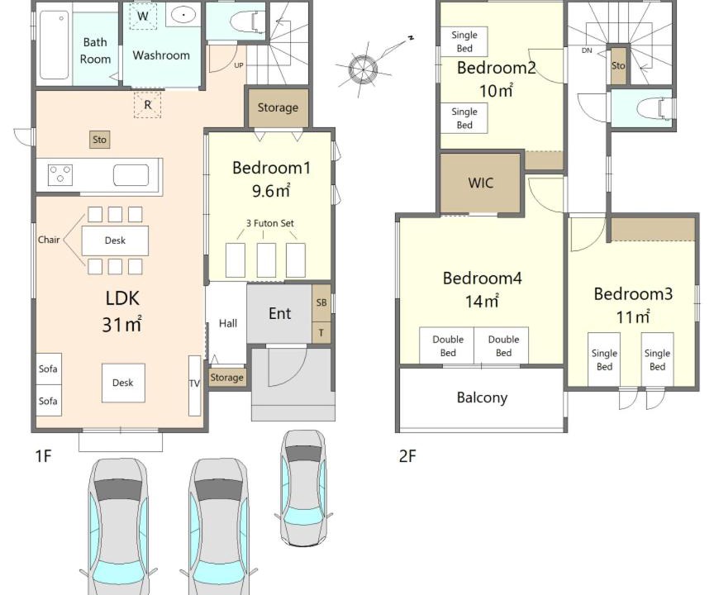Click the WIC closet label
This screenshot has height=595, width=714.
point(480,183)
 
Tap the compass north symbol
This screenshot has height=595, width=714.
point(363,69)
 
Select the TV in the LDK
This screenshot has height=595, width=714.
point(194,385)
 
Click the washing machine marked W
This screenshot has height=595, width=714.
point(142,17)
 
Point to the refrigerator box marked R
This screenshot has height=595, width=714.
point(148,105)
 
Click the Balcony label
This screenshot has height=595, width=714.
point(482,397)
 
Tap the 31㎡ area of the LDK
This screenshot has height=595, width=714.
point(121,324)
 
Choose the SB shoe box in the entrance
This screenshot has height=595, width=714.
point(321,302)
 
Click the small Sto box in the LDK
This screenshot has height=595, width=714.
point(99,140)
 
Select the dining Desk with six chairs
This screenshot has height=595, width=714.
point(115,240)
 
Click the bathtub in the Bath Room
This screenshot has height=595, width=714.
point(55,45)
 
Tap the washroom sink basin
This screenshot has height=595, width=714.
point(183,15)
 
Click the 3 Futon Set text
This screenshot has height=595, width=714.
point(270,223)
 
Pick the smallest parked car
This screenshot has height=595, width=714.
point(303,488)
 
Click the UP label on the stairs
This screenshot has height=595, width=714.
point(239,65)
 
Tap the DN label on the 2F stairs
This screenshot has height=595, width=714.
point(587,50)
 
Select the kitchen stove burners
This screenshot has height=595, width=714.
point(60,175)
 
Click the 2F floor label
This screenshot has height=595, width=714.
point(407,455)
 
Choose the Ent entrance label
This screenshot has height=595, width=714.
point(279,313)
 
